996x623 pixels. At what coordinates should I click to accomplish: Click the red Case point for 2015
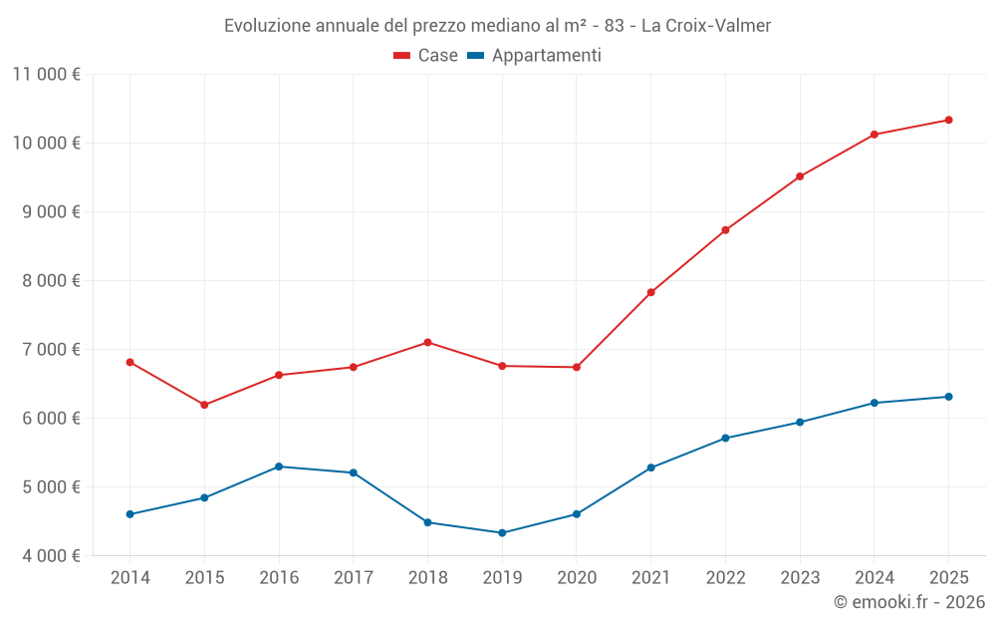[x=204, y=405]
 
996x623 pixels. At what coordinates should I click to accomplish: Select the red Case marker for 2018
[x=427, y=342]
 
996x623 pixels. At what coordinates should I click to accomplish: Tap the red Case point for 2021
[x=650, y=292]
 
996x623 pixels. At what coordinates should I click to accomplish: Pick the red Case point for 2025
[x=948, y=121]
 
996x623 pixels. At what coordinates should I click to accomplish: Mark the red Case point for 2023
[x=800, y=176]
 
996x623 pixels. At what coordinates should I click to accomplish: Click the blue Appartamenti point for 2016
[x=279, y=467]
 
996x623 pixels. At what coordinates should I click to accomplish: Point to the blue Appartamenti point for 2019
[x=502, y=533]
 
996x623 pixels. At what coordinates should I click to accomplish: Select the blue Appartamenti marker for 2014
[x=130, y=514]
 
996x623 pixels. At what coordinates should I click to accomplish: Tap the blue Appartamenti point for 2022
[x=725, y=438]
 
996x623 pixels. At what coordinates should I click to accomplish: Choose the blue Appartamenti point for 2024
[x=873, y=403]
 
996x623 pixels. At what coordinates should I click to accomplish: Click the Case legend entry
[x=426, y=56]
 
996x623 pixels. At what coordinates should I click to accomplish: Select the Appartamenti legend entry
[x=535, y=56]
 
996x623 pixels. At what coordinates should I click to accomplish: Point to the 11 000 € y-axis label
[x=47, y=74]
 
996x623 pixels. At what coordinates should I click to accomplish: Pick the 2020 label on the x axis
[x=577, y=578]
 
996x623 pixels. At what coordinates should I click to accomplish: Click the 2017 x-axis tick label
[x=354, y=578]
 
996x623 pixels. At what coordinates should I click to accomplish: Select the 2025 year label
[x=948, y=578]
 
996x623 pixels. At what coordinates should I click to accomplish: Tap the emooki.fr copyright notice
[x=909, y=602]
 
